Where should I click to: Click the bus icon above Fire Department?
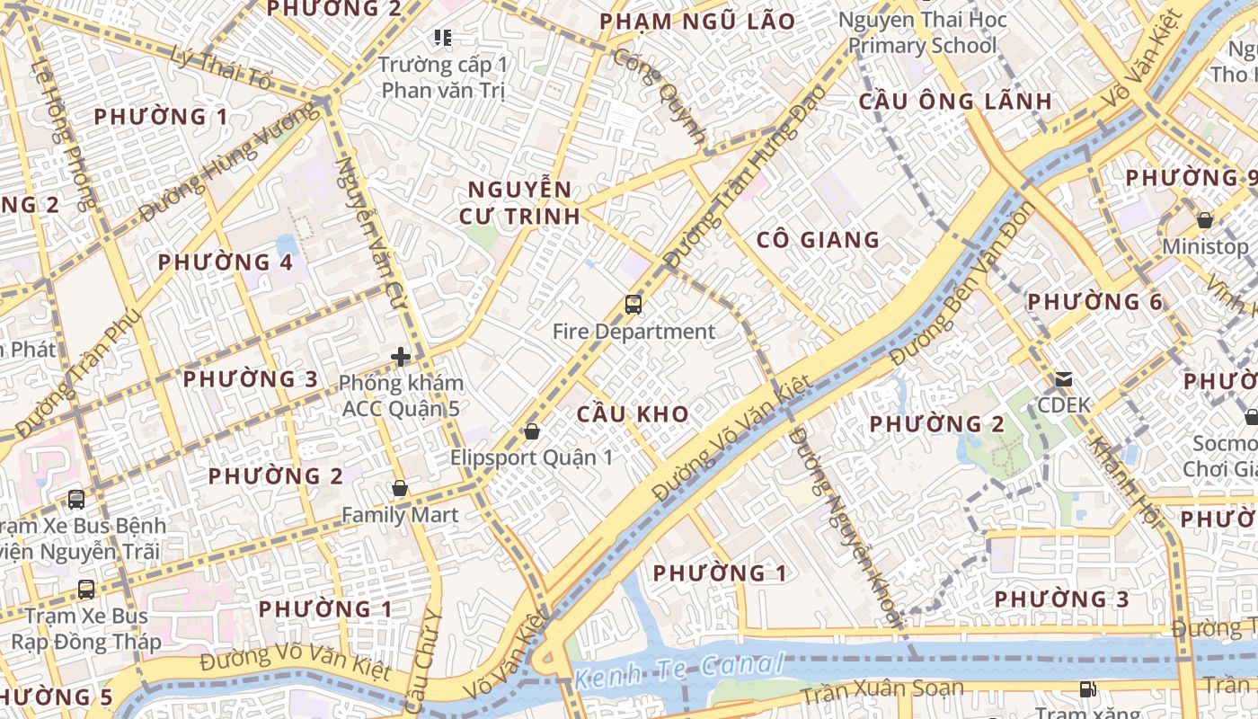[x=633, y=305]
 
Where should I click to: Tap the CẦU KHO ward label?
[x=633, y=414]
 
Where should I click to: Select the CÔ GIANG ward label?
[x=818, y=240]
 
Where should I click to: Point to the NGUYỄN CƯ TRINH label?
[x=519, y=203]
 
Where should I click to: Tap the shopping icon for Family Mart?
[x=400, y=489]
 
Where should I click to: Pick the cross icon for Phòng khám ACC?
[x=401, y=357]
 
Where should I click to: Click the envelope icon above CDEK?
[x=1064, y=379]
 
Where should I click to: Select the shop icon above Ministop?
[x=1205, y=220]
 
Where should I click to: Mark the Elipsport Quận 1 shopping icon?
[x=532, y=431]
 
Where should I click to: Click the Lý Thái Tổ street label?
[x=221, y=67]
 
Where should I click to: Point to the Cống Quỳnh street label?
[x=660, y=95]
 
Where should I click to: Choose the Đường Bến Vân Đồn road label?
[x=961, y=283]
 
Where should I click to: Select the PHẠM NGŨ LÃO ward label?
[x=697, y=22]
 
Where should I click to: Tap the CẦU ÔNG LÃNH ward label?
[x=955, y=102]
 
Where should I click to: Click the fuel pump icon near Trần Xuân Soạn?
[x=1088, y=689]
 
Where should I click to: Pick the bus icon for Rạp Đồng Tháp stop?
[x=86, y=590]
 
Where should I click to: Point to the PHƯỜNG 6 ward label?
[x=1095, y=302]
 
